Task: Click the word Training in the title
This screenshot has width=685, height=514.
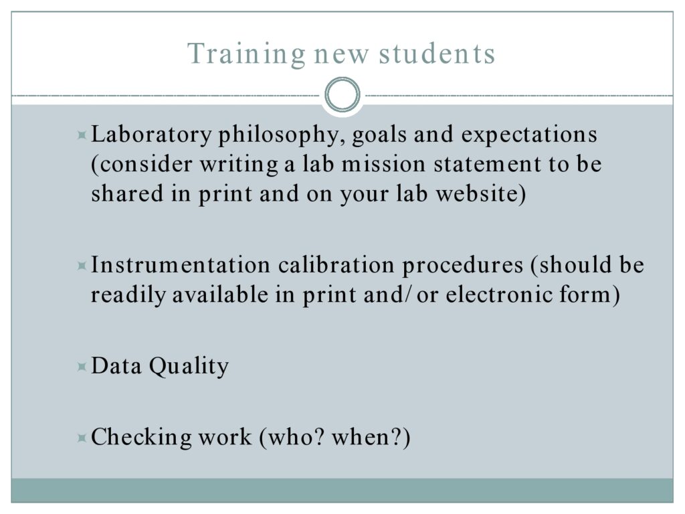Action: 246,55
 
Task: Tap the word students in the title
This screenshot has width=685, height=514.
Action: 437,54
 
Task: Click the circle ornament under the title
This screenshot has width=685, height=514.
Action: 342,94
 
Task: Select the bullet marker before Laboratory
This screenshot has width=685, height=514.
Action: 81,135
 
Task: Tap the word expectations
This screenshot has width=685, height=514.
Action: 529,135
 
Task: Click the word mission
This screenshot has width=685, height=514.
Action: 383,165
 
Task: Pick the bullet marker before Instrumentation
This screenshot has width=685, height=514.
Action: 81,266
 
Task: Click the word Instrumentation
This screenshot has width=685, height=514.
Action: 181,265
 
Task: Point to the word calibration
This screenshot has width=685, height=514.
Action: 336,265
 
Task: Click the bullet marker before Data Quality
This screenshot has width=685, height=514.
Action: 81,367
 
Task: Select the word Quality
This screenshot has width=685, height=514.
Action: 189,366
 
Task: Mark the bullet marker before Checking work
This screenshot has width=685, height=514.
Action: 81,438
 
